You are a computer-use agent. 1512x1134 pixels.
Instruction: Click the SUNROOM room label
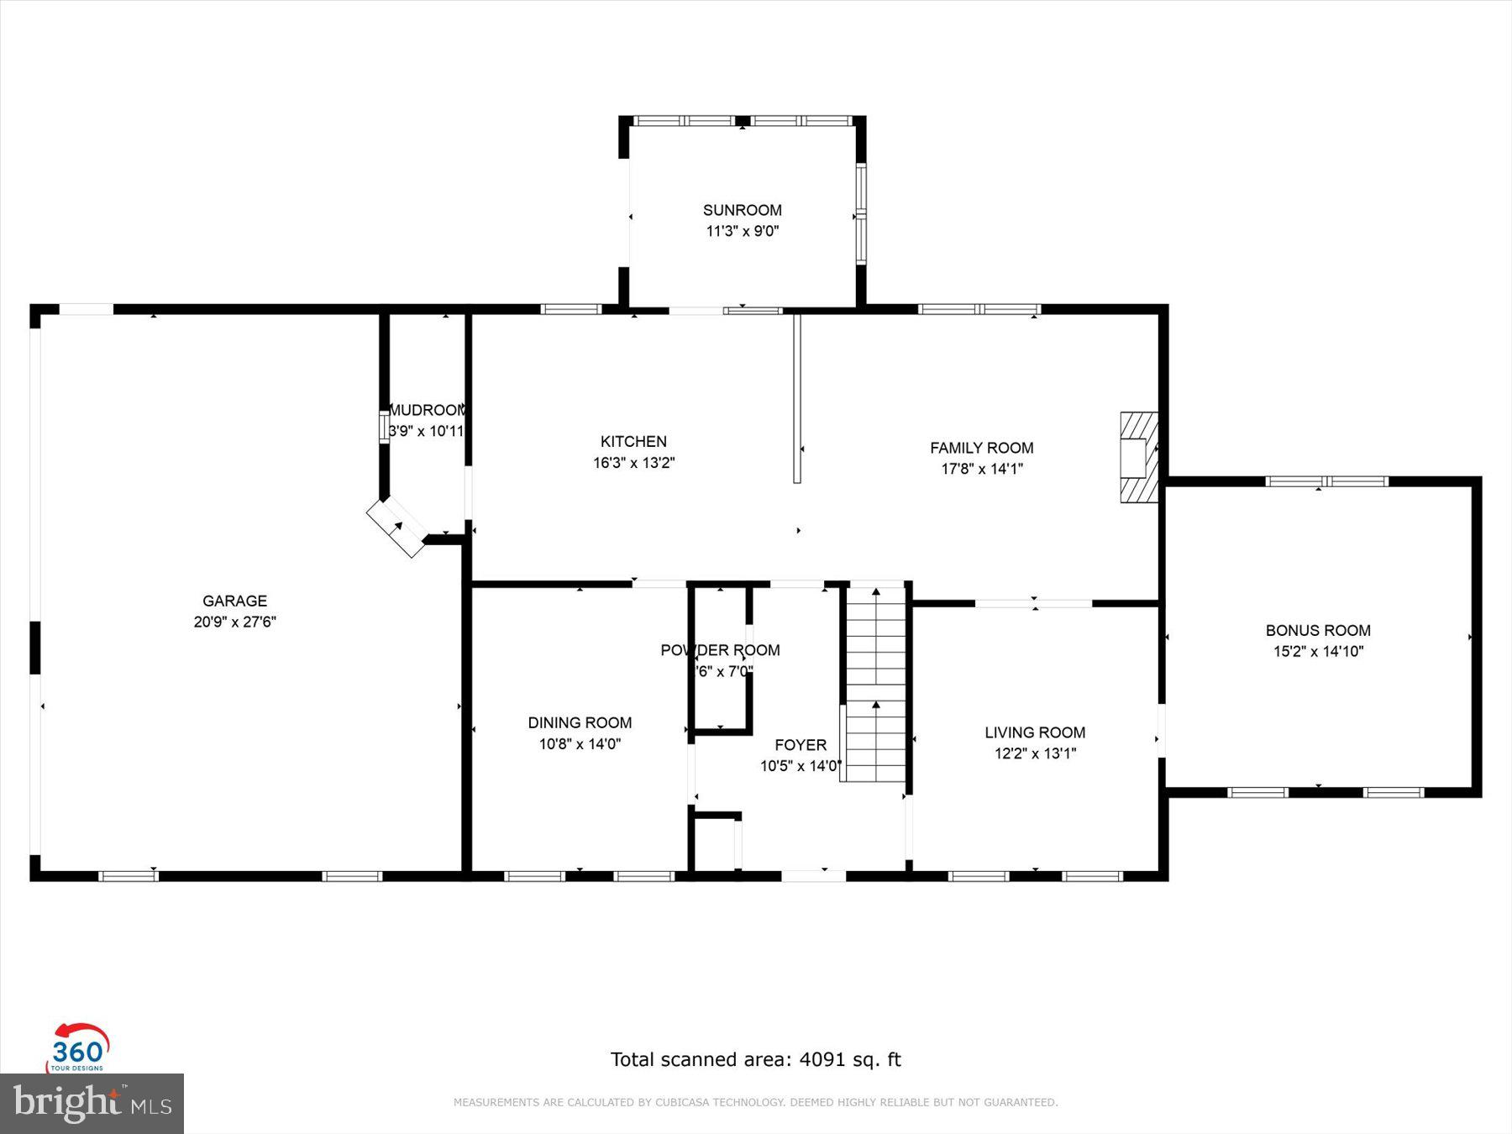coord(742,210)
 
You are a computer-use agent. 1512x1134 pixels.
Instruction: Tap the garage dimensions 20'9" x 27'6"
coord(234,622)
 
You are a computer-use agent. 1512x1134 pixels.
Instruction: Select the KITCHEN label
coord(633,441)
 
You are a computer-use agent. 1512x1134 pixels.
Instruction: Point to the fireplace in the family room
coord(1138,457)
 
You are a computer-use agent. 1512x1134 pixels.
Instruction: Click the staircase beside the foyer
coord(875,682)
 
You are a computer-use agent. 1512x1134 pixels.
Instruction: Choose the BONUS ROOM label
coord(1317,630)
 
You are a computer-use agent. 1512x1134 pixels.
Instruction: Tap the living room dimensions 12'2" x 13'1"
coord(1035,753)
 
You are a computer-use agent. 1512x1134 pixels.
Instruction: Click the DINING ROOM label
coord(580,722)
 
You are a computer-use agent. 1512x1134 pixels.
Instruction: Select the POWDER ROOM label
coord(720,650)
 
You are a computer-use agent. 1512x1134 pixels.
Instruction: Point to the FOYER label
coord(800,745)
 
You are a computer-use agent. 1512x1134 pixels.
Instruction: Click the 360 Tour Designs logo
coord(78,1048)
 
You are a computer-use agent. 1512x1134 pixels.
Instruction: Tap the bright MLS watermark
coord(91,1103)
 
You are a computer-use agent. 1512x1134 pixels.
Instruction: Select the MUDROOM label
coord(427,410)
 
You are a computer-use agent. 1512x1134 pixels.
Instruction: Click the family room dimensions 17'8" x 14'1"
coord(981,469)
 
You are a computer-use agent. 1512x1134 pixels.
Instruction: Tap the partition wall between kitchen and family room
coord(797,398)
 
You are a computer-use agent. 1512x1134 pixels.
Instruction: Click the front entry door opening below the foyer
coord(812,875)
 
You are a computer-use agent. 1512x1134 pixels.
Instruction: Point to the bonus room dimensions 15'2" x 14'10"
coord(1317,651)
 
